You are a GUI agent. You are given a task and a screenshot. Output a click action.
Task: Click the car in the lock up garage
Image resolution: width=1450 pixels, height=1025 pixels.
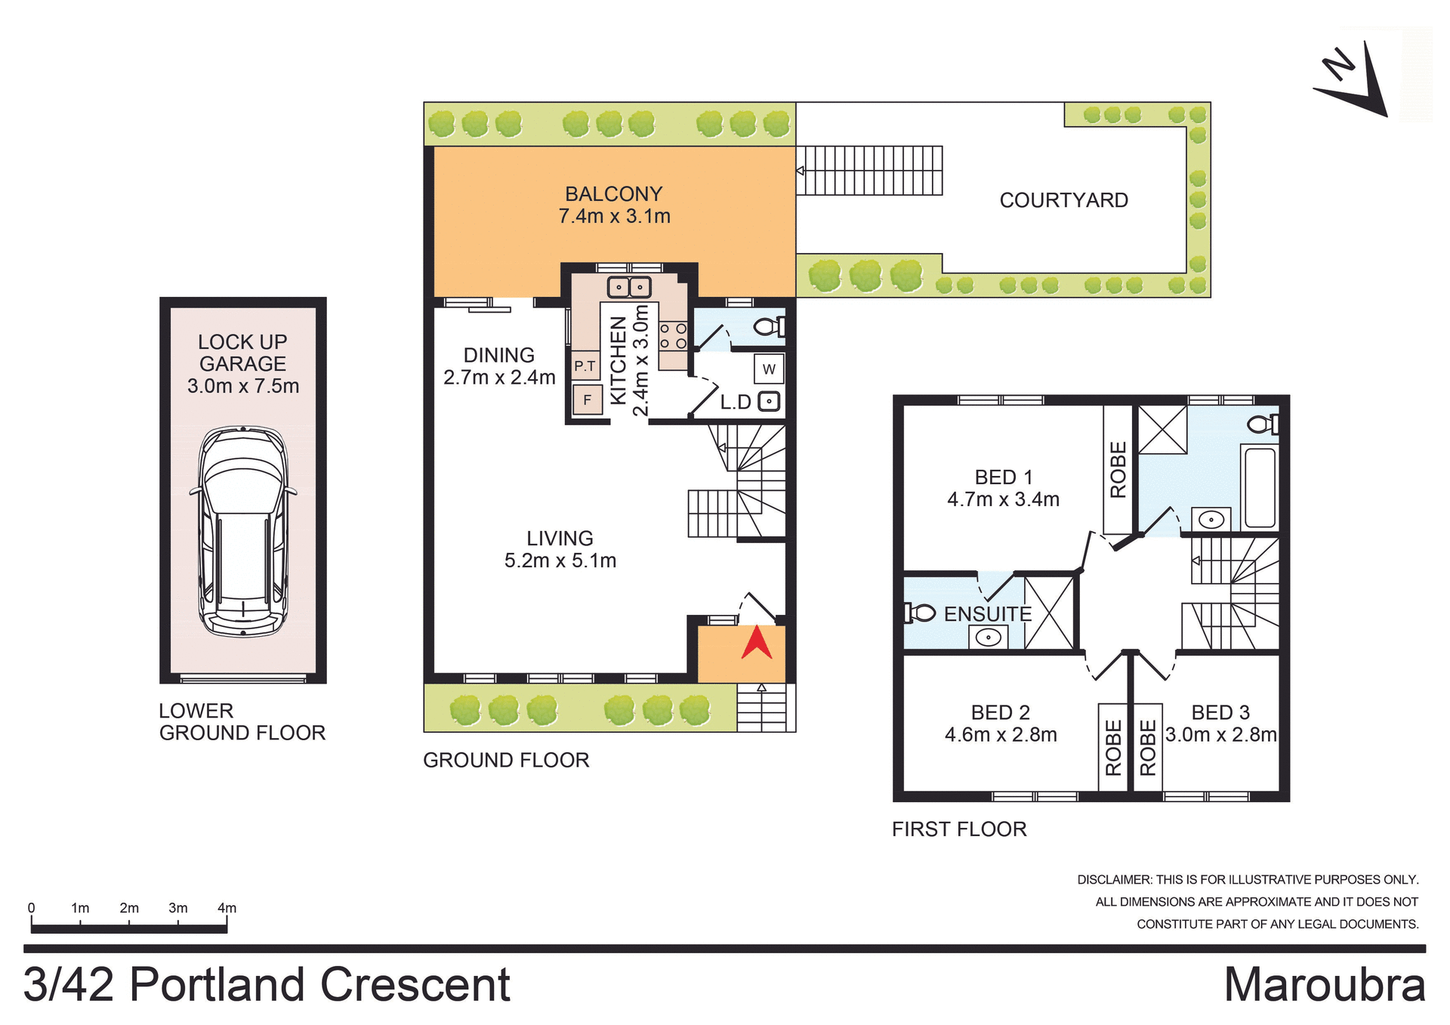[242, 531]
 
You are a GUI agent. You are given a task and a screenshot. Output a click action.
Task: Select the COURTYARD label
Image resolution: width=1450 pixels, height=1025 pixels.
[1063, 200]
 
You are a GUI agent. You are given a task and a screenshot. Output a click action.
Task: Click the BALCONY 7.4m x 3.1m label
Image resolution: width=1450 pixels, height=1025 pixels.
[614, 205]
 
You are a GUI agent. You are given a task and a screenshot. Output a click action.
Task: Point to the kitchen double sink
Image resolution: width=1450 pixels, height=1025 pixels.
[628, 287]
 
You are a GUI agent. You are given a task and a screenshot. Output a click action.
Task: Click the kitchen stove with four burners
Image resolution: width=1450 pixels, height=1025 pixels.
[673, 336]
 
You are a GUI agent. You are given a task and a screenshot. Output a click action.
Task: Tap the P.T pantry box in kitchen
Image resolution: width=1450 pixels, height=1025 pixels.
[585, 366]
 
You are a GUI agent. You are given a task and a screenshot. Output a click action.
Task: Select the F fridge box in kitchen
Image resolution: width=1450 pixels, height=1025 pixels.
[588, 400]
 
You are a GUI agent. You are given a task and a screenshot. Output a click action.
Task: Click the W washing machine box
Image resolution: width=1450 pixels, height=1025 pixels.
[769, 369]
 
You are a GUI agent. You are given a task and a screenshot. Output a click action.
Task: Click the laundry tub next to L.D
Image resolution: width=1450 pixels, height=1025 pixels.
[769, 401]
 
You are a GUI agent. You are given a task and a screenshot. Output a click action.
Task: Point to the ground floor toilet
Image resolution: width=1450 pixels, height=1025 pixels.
[770, 327]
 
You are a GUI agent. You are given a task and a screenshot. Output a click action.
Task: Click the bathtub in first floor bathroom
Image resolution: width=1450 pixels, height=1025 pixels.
[1259, 487]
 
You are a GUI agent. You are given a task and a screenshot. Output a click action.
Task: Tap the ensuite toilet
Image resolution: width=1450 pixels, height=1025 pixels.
[921, 613]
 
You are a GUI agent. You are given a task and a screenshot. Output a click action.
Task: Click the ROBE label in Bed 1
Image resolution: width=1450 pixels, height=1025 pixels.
[1118, 469]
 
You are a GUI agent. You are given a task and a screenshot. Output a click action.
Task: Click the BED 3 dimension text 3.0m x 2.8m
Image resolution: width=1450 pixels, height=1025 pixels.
[1220, 735]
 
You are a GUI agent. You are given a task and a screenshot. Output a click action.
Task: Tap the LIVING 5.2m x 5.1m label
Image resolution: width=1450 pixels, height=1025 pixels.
[560, 549]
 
